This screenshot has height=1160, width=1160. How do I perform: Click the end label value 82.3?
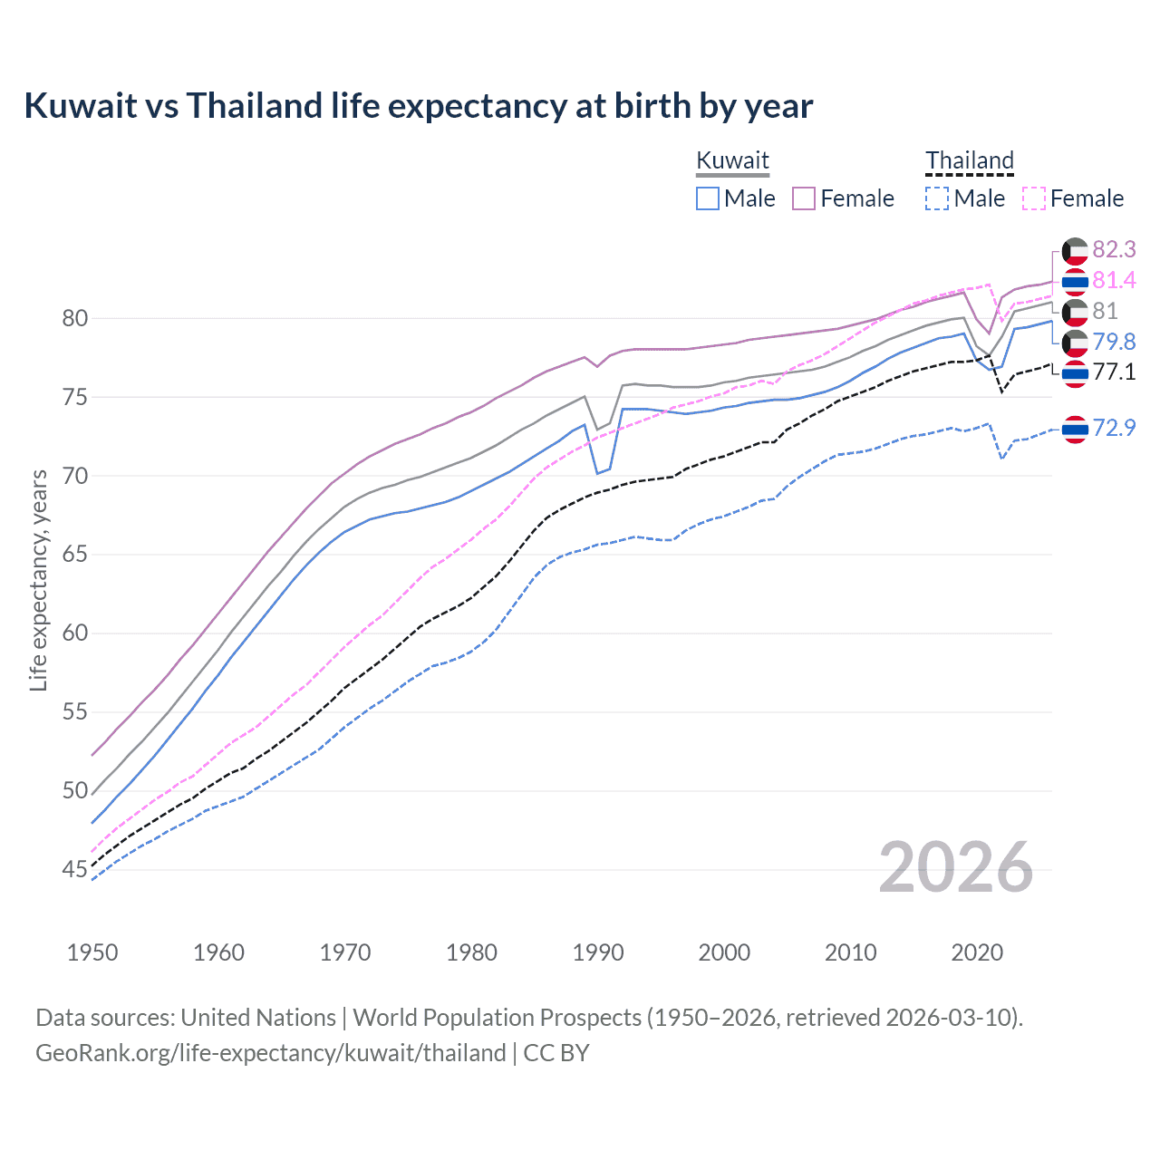click(x=1114, y=249)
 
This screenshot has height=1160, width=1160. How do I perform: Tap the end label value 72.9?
click(x=1114, y=428)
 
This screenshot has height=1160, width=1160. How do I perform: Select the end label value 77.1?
click(x=1114, y=372)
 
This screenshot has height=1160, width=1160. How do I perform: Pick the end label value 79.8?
click(x=1114, y=342)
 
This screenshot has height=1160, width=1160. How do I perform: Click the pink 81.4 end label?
click(x=1114, y=280)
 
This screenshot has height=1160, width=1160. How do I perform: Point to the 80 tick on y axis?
click(x=75, y=318)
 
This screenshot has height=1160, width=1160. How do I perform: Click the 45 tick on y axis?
click(x=75, y=870)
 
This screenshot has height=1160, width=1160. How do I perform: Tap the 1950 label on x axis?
click(x=92, y=952)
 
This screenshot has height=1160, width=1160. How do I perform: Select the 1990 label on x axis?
click(x=598, y=952)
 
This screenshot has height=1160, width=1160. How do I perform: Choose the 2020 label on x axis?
click(x=977, y=952)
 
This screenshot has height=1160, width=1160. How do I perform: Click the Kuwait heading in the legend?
click(x=732, y=161)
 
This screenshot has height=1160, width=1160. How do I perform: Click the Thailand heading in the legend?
click(x=969, y=161)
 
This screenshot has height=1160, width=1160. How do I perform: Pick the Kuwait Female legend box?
click(x=804, y=198)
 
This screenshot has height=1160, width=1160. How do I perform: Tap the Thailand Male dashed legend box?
click(x=937, y=198)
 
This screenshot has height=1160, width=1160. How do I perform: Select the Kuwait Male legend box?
click(x=708, y=198)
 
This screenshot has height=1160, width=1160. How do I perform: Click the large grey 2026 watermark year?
click(x=955, y=868)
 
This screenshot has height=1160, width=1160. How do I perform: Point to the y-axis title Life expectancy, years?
click(x=38, y=580)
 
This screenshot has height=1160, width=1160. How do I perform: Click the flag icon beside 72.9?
click(x=1075, y=429)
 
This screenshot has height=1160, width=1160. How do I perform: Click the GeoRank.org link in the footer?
click(x=270, y=1053)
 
